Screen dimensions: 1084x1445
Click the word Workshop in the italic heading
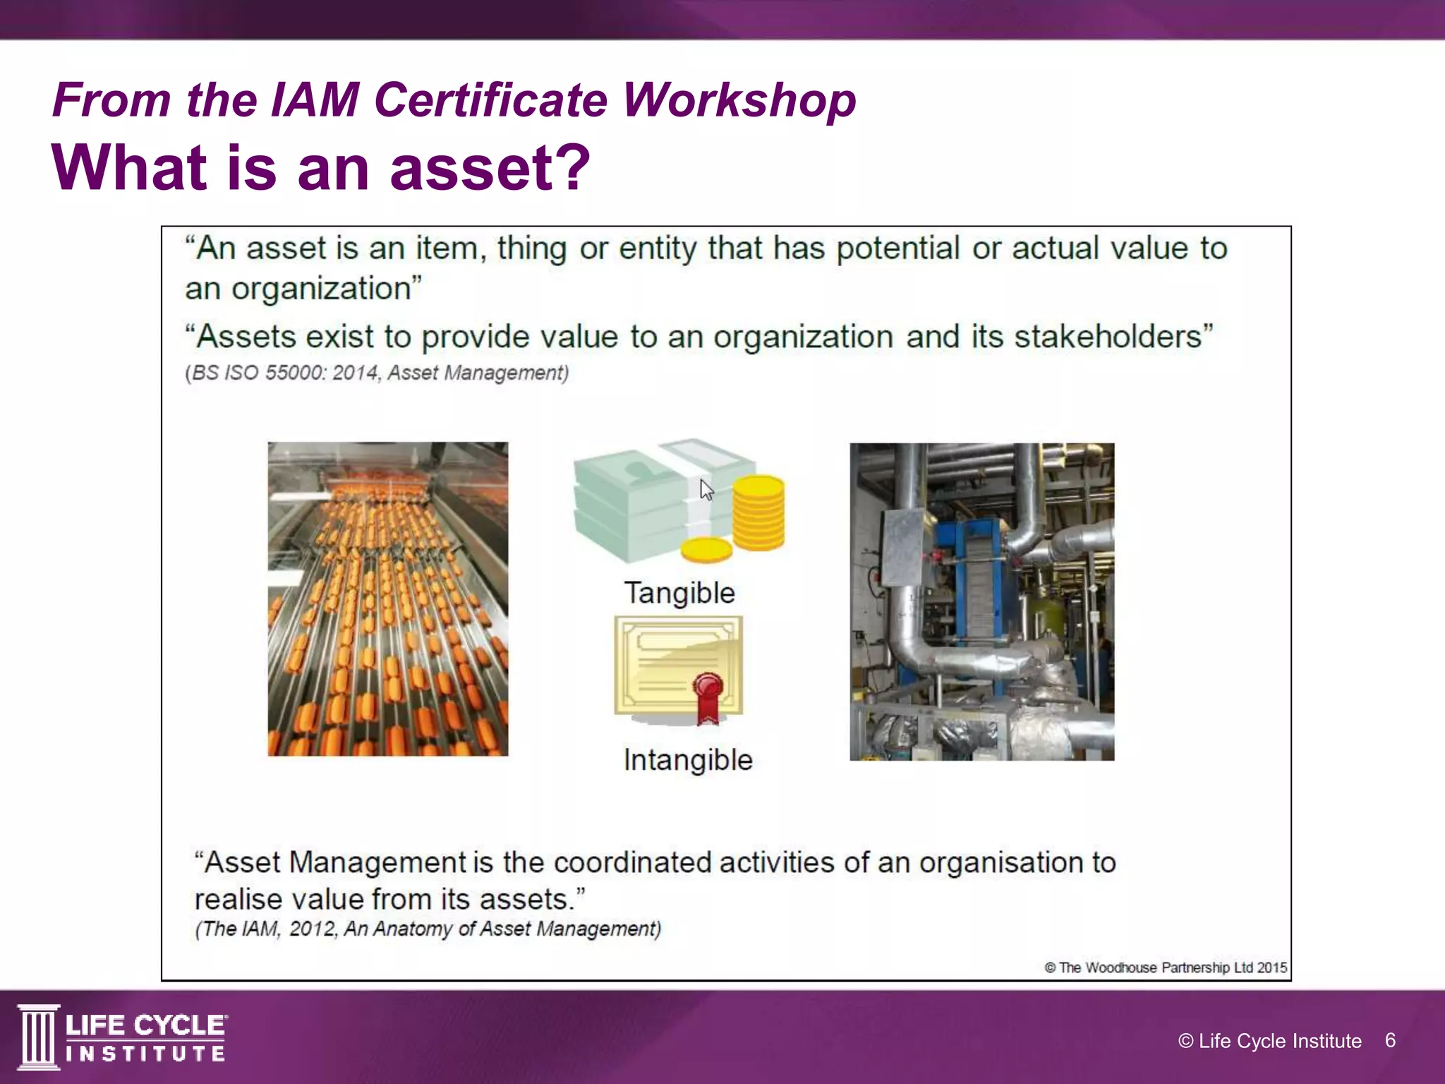[x=739, y=100]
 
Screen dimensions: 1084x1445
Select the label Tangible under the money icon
[x=679, y=593]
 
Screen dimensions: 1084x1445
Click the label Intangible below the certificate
[x=688, y=760]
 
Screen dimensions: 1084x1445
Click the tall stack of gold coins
[x=758, y=512]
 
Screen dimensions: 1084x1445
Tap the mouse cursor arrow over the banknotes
[x=706, y=489]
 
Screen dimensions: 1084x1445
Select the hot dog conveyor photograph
[x=387, y=598]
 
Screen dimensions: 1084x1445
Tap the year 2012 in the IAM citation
[x=313, y=929]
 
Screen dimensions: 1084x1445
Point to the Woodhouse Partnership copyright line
[x=1166, y=968]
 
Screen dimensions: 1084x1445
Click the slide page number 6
[x=1390, y=1040]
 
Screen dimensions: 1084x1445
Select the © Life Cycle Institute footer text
[x=1269, y=1041]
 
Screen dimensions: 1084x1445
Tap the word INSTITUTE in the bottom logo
[x=146, y=1054]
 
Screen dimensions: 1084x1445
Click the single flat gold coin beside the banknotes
[x=706, y=550]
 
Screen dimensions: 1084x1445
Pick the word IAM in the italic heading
[x=315, y=100]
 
